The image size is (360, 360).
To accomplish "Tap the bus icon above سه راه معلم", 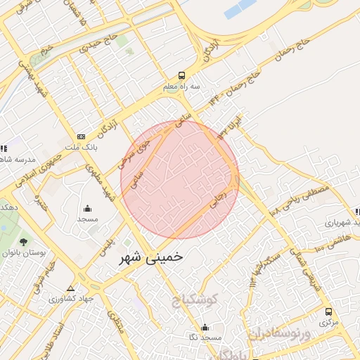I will pos(182,75).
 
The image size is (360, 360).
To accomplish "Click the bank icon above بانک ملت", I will pos(81,136).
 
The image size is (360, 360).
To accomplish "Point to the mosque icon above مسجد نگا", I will pos(205,327).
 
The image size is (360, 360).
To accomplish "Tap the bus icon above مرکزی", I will pos(328,311).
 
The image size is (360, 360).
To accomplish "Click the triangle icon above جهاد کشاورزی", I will pos(70,288).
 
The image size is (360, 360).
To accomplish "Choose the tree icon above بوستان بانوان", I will pos(24,242).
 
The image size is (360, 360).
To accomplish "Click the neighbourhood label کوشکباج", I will pos(196,301).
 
